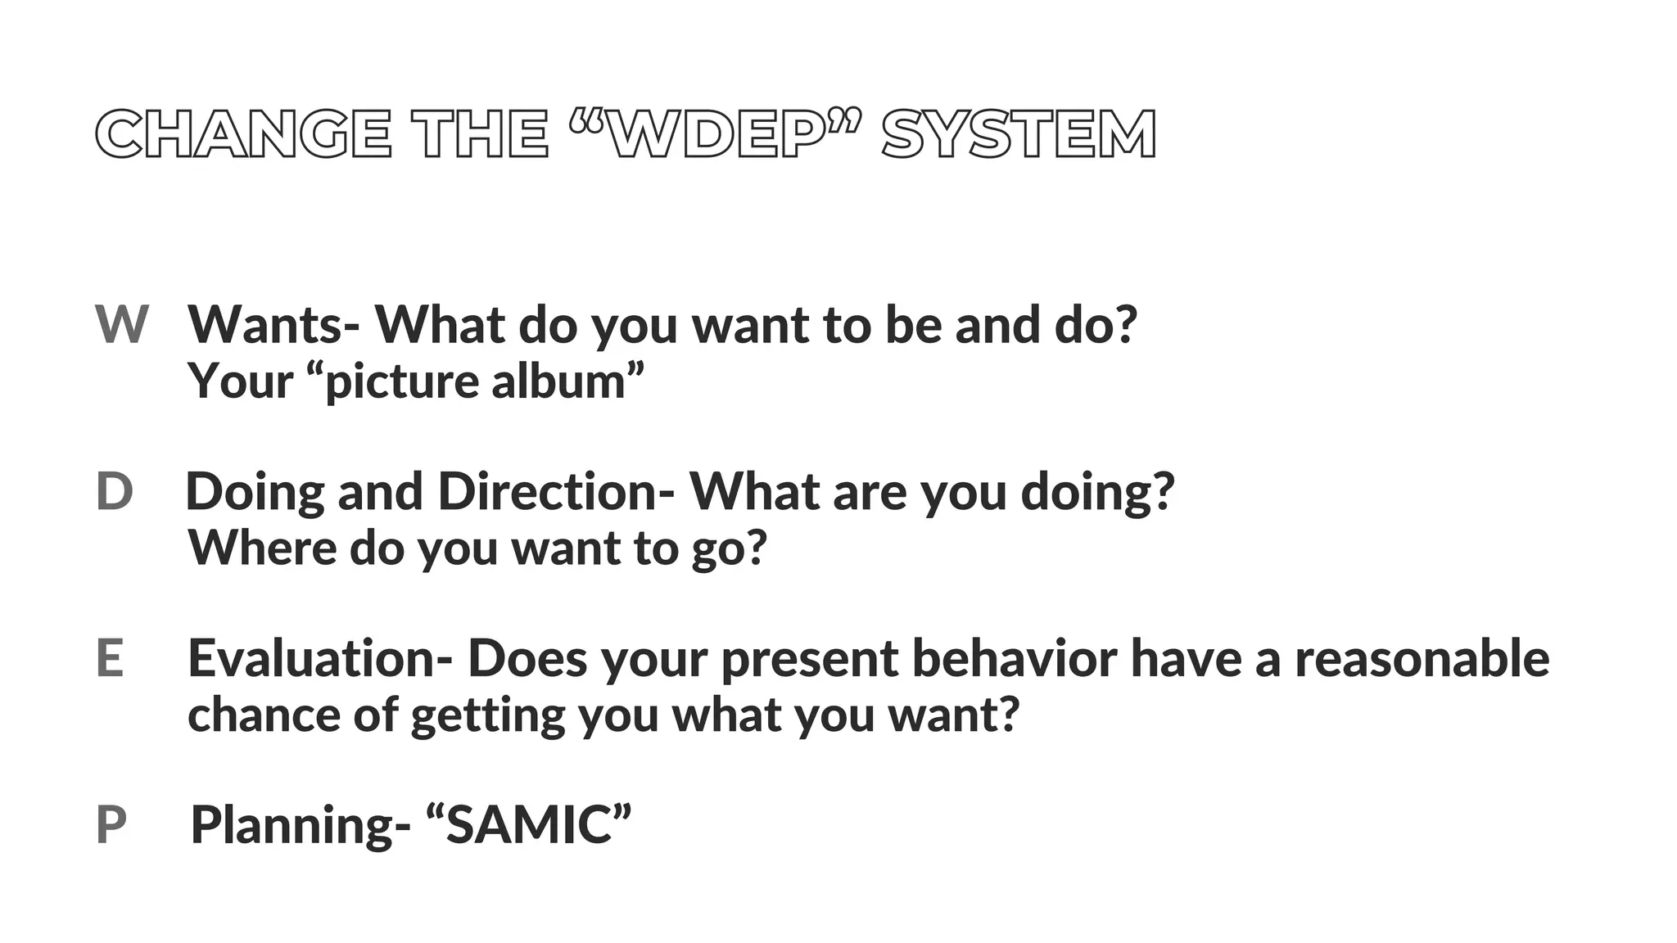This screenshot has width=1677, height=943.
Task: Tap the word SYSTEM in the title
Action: (1019, 134)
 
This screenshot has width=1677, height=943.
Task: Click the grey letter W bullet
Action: (121, 324)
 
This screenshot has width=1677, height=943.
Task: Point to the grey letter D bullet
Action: (114, 492)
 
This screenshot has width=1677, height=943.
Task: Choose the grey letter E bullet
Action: (110, 658)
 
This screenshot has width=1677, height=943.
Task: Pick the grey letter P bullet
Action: (111, 825)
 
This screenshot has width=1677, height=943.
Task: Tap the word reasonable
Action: (1422, 659)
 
